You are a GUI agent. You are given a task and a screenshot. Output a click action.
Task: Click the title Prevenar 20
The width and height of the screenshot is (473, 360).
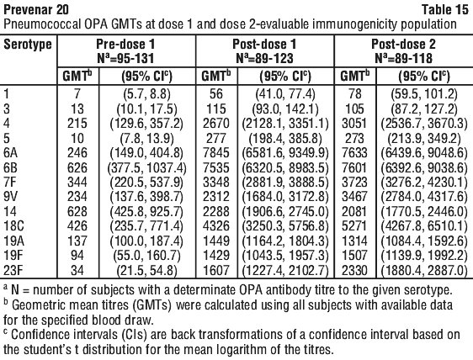click(36, 9)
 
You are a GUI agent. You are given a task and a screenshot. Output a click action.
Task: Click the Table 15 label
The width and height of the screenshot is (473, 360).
click(445, 9)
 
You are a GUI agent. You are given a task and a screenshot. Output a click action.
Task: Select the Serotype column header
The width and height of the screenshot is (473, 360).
click(28, 45)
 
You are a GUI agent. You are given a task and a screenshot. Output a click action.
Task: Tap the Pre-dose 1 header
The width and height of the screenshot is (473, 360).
click(125, 45)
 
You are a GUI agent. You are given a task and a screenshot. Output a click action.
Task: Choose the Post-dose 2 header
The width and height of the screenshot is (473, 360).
click(403, 45)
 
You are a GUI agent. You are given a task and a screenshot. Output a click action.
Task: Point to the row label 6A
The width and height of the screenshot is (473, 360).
click(11, 153)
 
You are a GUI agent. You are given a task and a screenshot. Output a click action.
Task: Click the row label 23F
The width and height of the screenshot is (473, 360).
click(13, 270)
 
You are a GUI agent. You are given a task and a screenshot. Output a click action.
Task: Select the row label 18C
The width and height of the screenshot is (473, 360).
click(13, 226)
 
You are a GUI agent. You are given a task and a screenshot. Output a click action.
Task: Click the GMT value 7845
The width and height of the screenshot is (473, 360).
click(216, 153)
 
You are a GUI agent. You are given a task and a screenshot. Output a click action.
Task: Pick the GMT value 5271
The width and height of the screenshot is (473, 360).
click(355, 226)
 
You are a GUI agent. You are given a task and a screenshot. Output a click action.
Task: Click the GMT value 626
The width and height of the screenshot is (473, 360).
click(77, 167)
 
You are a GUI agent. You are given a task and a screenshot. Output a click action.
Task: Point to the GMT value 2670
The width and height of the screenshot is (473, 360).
click(216, 124)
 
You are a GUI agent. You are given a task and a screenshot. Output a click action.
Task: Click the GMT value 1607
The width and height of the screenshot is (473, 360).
click(216, 270)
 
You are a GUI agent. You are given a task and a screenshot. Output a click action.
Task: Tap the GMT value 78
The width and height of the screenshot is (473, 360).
click(355, 94)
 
